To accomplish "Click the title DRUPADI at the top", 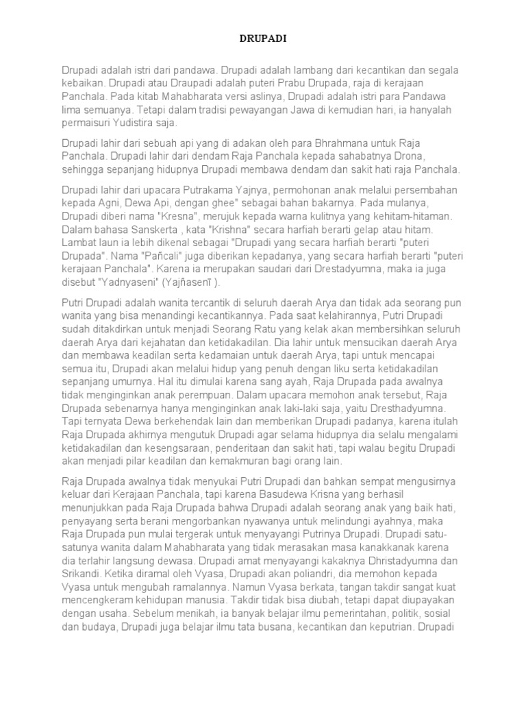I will [263, 40].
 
